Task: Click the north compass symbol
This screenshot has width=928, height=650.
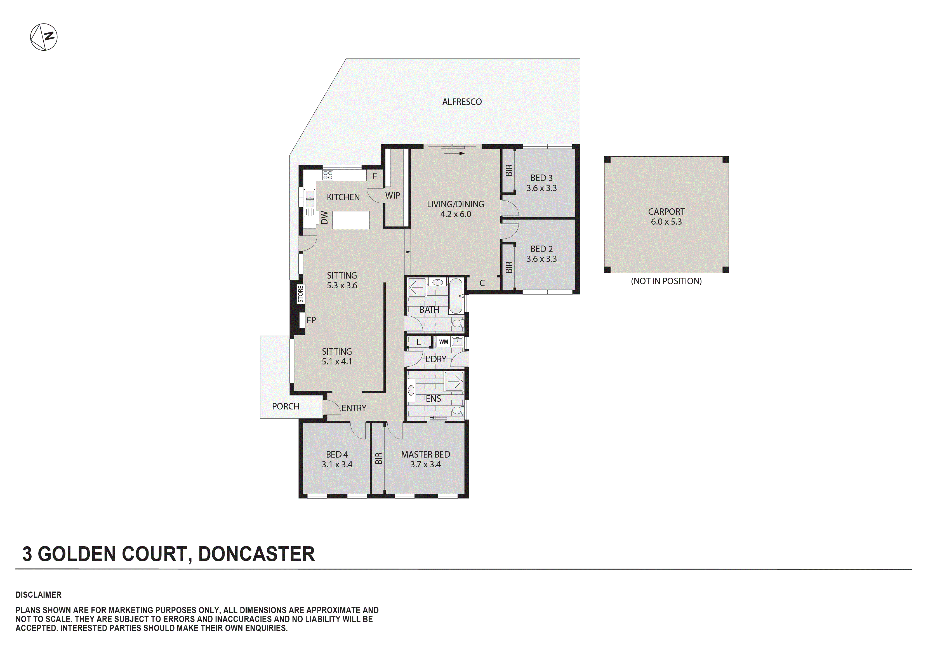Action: pyautogui.click(x=44, y=37)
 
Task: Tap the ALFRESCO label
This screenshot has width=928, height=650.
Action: pyautogui.click(x=461, y=102)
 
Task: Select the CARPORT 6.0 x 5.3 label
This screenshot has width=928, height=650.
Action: pyautogui.click(x=666, y=217)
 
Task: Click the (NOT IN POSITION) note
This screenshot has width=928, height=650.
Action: pyautogui.click(x=666, y=281)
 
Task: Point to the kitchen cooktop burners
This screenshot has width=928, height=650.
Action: pyautogui.click(x=328, y=175)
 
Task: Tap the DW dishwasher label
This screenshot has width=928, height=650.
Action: pyautogui.click(x=324, y=218)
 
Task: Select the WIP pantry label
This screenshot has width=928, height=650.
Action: pyautogui.click(x=392, y=196)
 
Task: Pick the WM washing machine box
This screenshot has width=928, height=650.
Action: pyautogui.click(x=443, y=342)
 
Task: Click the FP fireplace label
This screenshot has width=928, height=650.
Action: pyautogui.click(x=311, y=320)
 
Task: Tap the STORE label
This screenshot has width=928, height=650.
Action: pyautogui.click(x=300, y=294)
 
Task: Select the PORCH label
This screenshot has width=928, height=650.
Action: pyautogui.click(x=285, y=406)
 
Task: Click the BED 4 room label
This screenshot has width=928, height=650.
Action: pyautogui.click(x=337, y=459)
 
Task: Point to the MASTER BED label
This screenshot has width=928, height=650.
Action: pyautogui.click(x=425, y=459)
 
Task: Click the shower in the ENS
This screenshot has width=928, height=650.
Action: pyautogui.click(x=454, y=381)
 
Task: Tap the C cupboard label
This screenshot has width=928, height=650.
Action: pyautogui.click(x=482, y=283)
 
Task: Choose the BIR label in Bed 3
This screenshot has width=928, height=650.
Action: pyautogui.click(x=509, y=170)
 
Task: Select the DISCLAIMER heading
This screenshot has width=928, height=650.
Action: pyautogui.click(x=38, y=595)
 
